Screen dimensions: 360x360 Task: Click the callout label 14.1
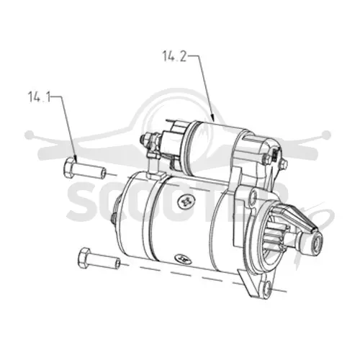tap(40, 96)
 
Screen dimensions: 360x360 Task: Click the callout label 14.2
tap(174, 56)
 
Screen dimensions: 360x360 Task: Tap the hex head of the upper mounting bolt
tap(69, 168)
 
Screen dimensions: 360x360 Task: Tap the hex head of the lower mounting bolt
tap(84, 258)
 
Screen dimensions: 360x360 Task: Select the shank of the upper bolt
tap(90, 171)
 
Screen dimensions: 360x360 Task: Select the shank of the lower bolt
tap(104, 261)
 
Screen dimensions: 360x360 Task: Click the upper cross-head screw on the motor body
tap(186, 202)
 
